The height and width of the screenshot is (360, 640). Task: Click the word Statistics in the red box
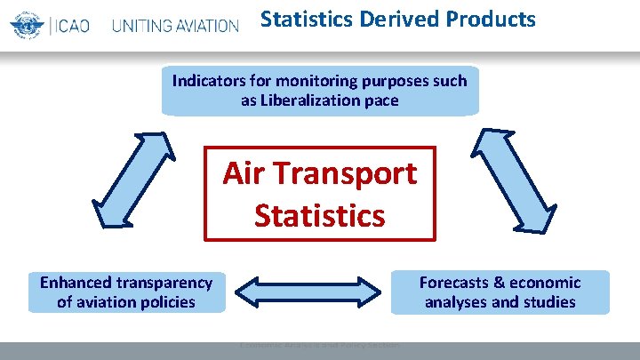(320, 215)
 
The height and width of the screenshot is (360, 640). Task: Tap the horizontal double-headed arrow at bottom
(307, 292)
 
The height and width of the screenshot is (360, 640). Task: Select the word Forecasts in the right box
(454, 283)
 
